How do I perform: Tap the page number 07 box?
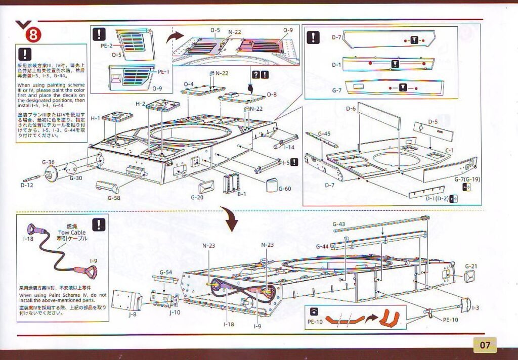[485, 346]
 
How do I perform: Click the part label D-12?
[27, 186]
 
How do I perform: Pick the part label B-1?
[241, 193]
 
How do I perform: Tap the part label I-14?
[289, 147]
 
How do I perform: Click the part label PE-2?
[106, 46]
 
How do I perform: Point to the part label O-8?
[272, 94]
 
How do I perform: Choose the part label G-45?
[324, 133]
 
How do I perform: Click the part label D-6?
[351, 109]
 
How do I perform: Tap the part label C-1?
[450, 150]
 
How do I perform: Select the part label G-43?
[338, 223]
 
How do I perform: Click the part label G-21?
[470, 266]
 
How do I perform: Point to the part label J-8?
[132, 314]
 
